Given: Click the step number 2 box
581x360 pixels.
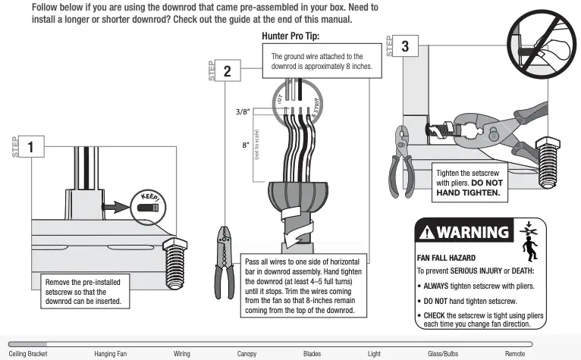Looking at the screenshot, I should click(227, 73).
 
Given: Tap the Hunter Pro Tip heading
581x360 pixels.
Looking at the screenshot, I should click(290, 36).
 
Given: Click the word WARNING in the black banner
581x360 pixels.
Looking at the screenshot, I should click(472, 232).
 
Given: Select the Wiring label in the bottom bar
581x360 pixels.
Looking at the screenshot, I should click(182, 353).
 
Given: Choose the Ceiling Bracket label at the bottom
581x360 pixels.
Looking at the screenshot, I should click(28, 353).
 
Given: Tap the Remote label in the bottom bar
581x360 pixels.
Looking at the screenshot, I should click(515, 353).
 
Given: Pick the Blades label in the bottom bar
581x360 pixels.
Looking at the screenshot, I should click(312, 353).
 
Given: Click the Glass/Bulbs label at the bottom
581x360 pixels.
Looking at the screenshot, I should click(442, 353).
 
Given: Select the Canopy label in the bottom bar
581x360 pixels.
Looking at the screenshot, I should click(247, 353).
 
